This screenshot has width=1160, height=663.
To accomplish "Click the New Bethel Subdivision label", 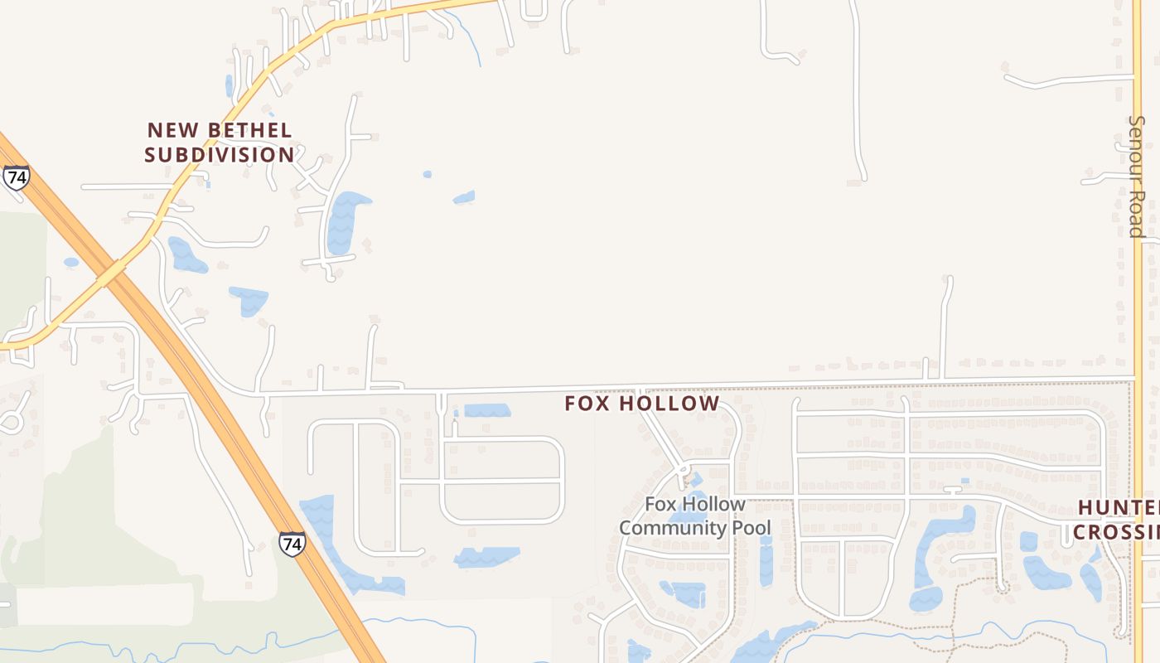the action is [220, 143].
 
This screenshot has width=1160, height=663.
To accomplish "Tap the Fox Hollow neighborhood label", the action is [642, 404].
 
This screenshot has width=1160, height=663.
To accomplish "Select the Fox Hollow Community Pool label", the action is [694, 515].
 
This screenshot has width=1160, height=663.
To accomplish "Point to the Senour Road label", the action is [1136, 176].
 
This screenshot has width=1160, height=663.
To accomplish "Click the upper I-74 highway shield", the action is [16, 177].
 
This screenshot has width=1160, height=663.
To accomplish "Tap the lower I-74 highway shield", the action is [292, 544].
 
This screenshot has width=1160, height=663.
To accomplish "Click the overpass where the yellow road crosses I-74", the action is [112, 270].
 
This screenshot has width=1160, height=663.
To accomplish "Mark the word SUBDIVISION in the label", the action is [220, 155].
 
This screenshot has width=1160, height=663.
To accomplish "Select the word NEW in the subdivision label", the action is [171, 130].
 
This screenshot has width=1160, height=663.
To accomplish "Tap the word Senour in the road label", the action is [1136, 151].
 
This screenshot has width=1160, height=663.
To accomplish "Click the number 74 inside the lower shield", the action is [292, 544].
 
